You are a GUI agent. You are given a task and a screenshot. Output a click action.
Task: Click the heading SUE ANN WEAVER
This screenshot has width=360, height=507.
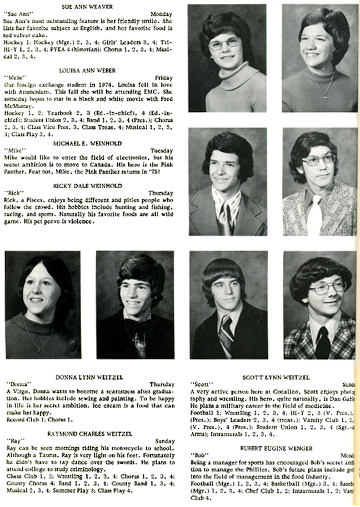click(x=88, y=6)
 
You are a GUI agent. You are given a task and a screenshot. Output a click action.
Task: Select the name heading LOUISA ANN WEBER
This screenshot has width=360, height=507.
click(x=89, y=71)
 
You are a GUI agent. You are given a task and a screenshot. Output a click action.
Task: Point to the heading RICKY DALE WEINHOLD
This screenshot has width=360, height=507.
click(x=89, y=185)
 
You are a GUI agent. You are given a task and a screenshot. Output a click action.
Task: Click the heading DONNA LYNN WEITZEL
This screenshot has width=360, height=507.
click(x=89, y=377)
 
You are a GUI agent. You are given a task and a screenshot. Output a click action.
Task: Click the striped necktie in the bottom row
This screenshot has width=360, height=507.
click(x=226, y=334)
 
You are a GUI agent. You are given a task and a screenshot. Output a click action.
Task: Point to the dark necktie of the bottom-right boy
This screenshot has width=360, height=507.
click(x=322, y=343)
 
